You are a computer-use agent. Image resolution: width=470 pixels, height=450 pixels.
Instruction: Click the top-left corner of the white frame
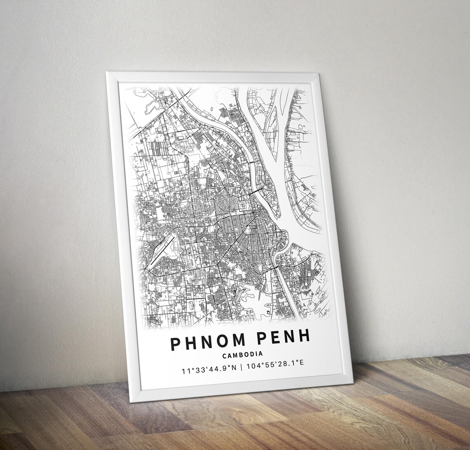107,73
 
